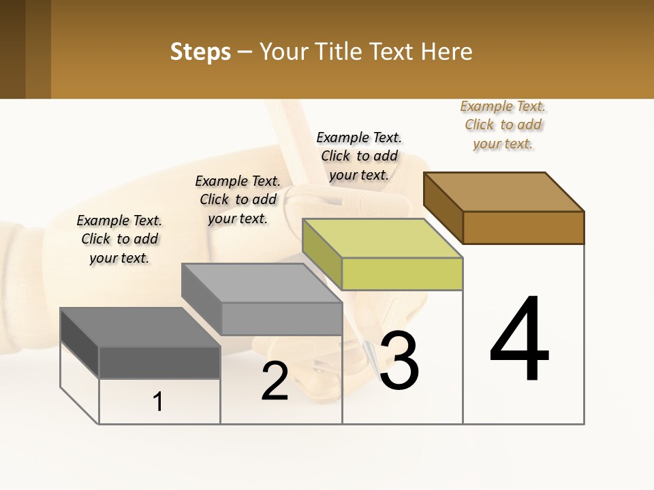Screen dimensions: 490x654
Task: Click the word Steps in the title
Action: click(200, 52)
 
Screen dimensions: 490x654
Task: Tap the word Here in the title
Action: click(446, 52)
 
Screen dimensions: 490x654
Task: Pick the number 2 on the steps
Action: click(275, 381)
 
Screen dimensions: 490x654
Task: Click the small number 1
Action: click(158, 402)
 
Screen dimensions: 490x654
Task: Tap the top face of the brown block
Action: click(504, 191)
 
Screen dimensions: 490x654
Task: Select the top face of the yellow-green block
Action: click(382, 238)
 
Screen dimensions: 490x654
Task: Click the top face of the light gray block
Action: click(262, 283)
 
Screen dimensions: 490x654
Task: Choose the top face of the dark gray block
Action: click(140, 327)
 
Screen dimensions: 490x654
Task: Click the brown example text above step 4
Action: click(503, 125)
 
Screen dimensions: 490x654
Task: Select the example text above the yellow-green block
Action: click(359, 156)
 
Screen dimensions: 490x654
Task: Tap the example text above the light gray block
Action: click(238, 199)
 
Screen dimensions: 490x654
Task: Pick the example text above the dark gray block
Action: click(119, 239)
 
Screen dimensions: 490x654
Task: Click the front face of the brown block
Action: click(523, 227)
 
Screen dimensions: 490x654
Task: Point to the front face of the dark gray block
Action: click(159, 363)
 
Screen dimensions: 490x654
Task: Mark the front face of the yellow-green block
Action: click(402, 274)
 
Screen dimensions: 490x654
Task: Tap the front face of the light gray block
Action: click(281, 318)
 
